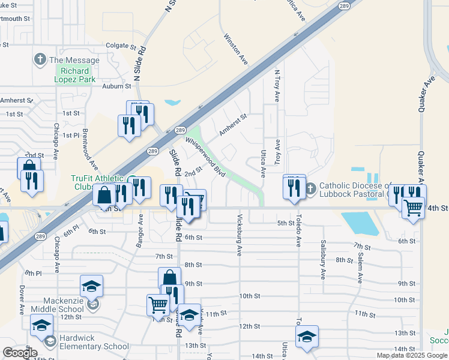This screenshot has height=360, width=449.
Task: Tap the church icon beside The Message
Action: coord(40,59)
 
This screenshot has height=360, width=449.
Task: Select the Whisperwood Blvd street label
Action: coord(205,157)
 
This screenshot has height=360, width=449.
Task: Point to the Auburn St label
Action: coord(116,86)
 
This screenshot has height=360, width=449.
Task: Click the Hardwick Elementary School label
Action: coord(90,346)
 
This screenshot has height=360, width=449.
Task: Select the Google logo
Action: coord(20,353)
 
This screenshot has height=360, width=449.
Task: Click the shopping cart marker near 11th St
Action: coord(158,305)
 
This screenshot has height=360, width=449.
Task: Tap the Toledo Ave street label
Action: coord(298,233)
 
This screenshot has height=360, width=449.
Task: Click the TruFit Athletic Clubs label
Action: coord(97,182)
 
